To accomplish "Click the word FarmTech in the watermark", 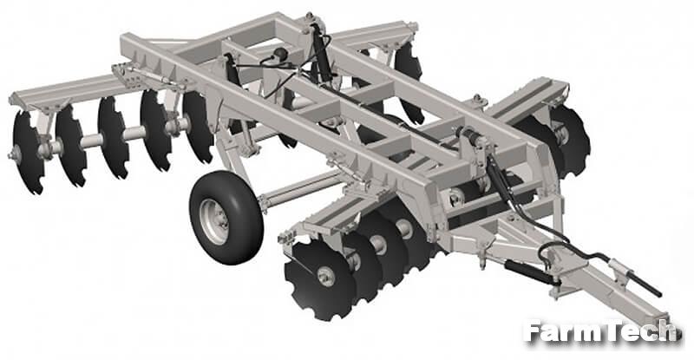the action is (599, 331).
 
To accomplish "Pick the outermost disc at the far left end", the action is (29, 153).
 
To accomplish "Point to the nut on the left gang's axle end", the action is (15, 154).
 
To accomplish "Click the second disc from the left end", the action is (71, 146).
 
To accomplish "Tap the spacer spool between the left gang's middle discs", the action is (134, 133).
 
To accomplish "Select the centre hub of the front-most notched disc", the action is (326, 277).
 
